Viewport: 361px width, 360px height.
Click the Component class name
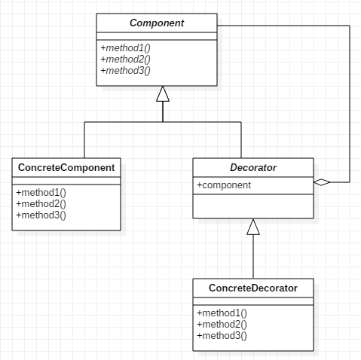(x=157, y=23)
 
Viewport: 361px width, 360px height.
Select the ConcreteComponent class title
(x=66, y=167)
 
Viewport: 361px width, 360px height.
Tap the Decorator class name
(x=253, y=167)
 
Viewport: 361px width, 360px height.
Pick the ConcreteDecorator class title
(x=253, y=288)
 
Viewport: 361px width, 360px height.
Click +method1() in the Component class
(x=126, y=48)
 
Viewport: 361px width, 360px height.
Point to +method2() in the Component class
(x=126, y=59)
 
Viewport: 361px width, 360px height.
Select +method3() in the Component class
(x=126, y=71)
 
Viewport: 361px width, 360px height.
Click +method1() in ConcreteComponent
(x=41, y=193)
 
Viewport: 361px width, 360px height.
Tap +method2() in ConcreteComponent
(x=41, y=204)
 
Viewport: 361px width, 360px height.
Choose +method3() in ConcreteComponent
(x=41, y=215)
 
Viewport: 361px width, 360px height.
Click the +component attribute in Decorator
(x=224, y=185)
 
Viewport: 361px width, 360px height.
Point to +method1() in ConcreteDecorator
(x=222, y=313)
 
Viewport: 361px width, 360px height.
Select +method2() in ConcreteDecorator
(x=222, y=325)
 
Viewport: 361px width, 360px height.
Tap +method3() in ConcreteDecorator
(x=222, y=336)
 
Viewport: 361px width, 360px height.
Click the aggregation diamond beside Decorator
(x=322, y=182)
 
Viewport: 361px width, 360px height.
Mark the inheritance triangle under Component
(x=163, y=94)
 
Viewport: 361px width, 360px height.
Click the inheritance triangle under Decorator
(x=253, y=227)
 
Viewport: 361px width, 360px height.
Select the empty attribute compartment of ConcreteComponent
(x=66, y=181)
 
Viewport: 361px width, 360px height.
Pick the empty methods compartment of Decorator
(x=253, y=206)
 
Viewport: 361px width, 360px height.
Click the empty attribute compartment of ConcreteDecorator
(x=253, y=301)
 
